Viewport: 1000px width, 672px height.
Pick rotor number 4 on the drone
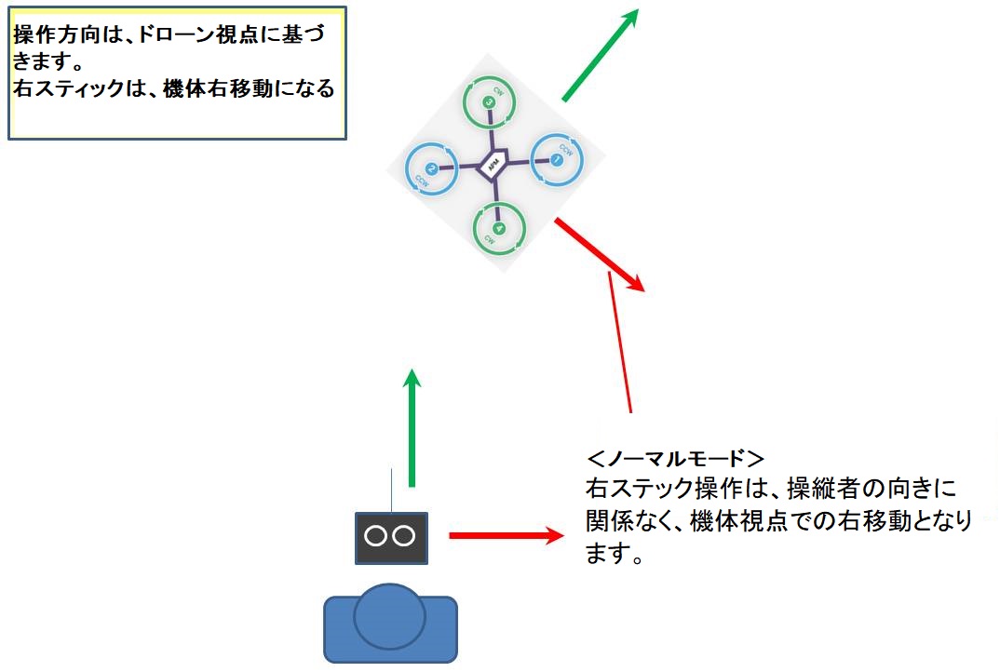pos(499,228)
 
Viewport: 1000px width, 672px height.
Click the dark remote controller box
pos(391,538)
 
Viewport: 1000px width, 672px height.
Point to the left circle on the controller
pos(376,536)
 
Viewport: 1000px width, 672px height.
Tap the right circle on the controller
pos(404,536)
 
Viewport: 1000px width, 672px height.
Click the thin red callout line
pos(620,344)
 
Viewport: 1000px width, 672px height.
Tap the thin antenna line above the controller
pos(392,491)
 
